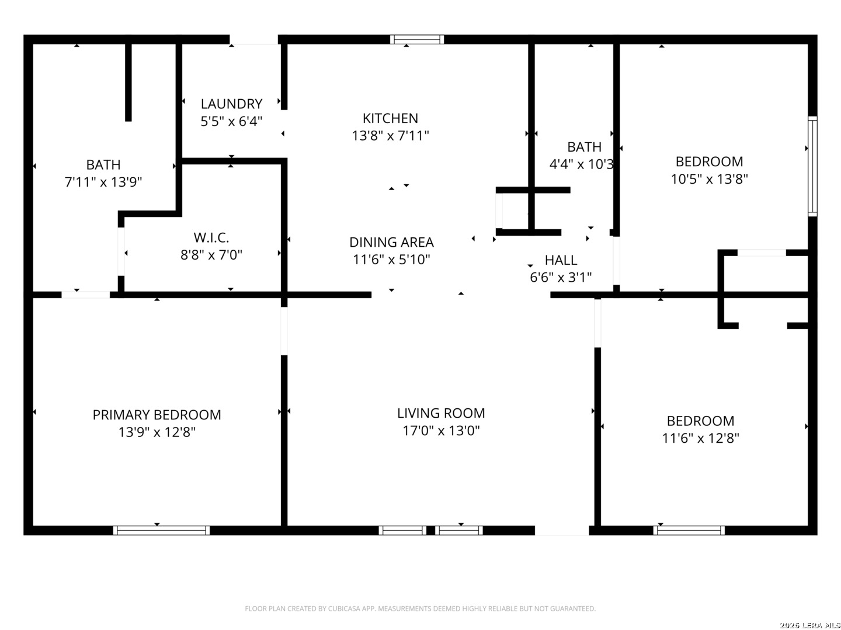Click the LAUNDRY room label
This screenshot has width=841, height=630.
[x=231, y=104]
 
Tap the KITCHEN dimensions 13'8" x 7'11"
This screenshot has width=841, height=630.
[x=391, y=135]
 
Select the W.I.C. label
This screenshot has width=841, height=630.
[x=211, y=237]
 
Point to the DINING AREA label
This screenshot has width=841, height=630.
[x=391, y=242]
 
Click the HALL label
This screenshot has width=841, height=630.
[x=561, y=260]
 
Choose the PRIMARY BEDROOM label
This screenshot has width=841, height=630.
[x=157, y=415]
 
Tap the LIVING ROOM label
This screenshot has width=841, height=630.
[x=441, y=413]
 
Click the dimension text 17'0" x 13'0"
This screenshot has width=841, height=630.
[x=441, y=430]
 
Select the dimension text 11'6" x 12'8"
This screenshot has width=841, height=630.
[x=700, y=438]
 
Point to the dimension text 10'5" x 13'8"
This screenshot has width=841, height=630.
[x=709, y=179]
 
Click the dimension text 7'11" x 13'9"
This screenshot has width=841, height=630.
[x=103, y=182]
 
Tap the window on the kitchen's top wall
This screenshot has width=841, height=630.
[x=417, y=40]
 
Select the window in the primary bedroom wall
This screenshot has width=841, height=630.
[x=161, y=530]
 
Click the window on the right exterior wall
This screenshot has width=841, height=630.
[x=812, y=166]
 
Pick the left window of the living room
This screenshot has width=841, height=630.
[x=402, y=530]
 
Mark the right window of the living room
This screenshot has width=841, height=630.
[x=458, y=530]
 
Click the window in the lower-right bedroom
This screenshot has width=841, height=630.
[x=689, y=530]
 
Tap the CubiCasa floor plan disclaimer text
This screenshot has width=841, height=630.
[x=420, y=608]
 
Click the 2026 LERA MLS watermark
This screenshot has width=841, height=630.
[x=809, y=625]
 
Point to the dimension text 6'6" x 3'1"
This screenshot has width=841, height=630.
[x=561, y=277]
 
